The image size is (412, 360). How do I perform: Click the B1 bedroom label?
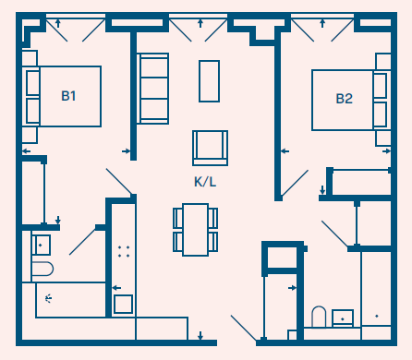[68, 96]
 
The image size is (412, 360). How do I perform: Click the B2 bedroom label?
[344, 99]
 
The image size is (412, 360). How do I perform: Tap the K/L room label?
[205, 182]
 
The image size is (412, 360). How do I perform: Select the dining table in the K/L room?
[195, 230]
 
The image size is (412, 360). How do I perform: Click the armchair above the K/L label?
[211, 148]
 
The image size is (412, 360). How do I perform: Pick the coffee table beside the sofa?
[209, 81]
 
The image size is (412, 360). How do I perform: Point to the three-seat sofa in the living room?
[152, 89]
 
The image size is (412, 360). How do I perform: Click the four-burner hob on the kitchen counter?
[124, 251]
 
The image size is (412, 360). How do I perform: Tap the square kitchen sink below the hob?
[123, 304]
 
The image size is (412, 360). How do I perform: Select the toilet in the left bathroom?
[42, 269]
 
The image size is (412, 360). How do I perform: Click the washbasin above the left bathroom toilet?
[41, 245]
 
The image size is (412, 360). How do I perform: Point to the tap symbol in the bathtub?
[48, 298]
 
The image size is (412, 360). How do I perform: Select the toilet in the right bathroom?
[319, 317]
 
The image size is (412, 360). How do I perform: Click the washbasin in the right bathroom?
[343, 318]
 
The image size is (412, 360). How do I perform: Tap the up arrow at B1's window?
[57, 23]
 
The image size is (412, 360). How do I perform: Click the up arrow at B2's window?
[322, 23]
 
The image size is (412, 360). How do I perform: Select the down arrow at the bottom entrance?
[200, 336]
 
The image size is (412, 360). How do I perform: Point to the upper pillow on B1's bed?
[32, 83]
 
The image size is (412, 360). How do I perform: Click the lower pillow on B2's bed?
[380, 114]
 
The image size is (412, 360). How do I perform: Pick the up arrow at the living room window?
[200, 23]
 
